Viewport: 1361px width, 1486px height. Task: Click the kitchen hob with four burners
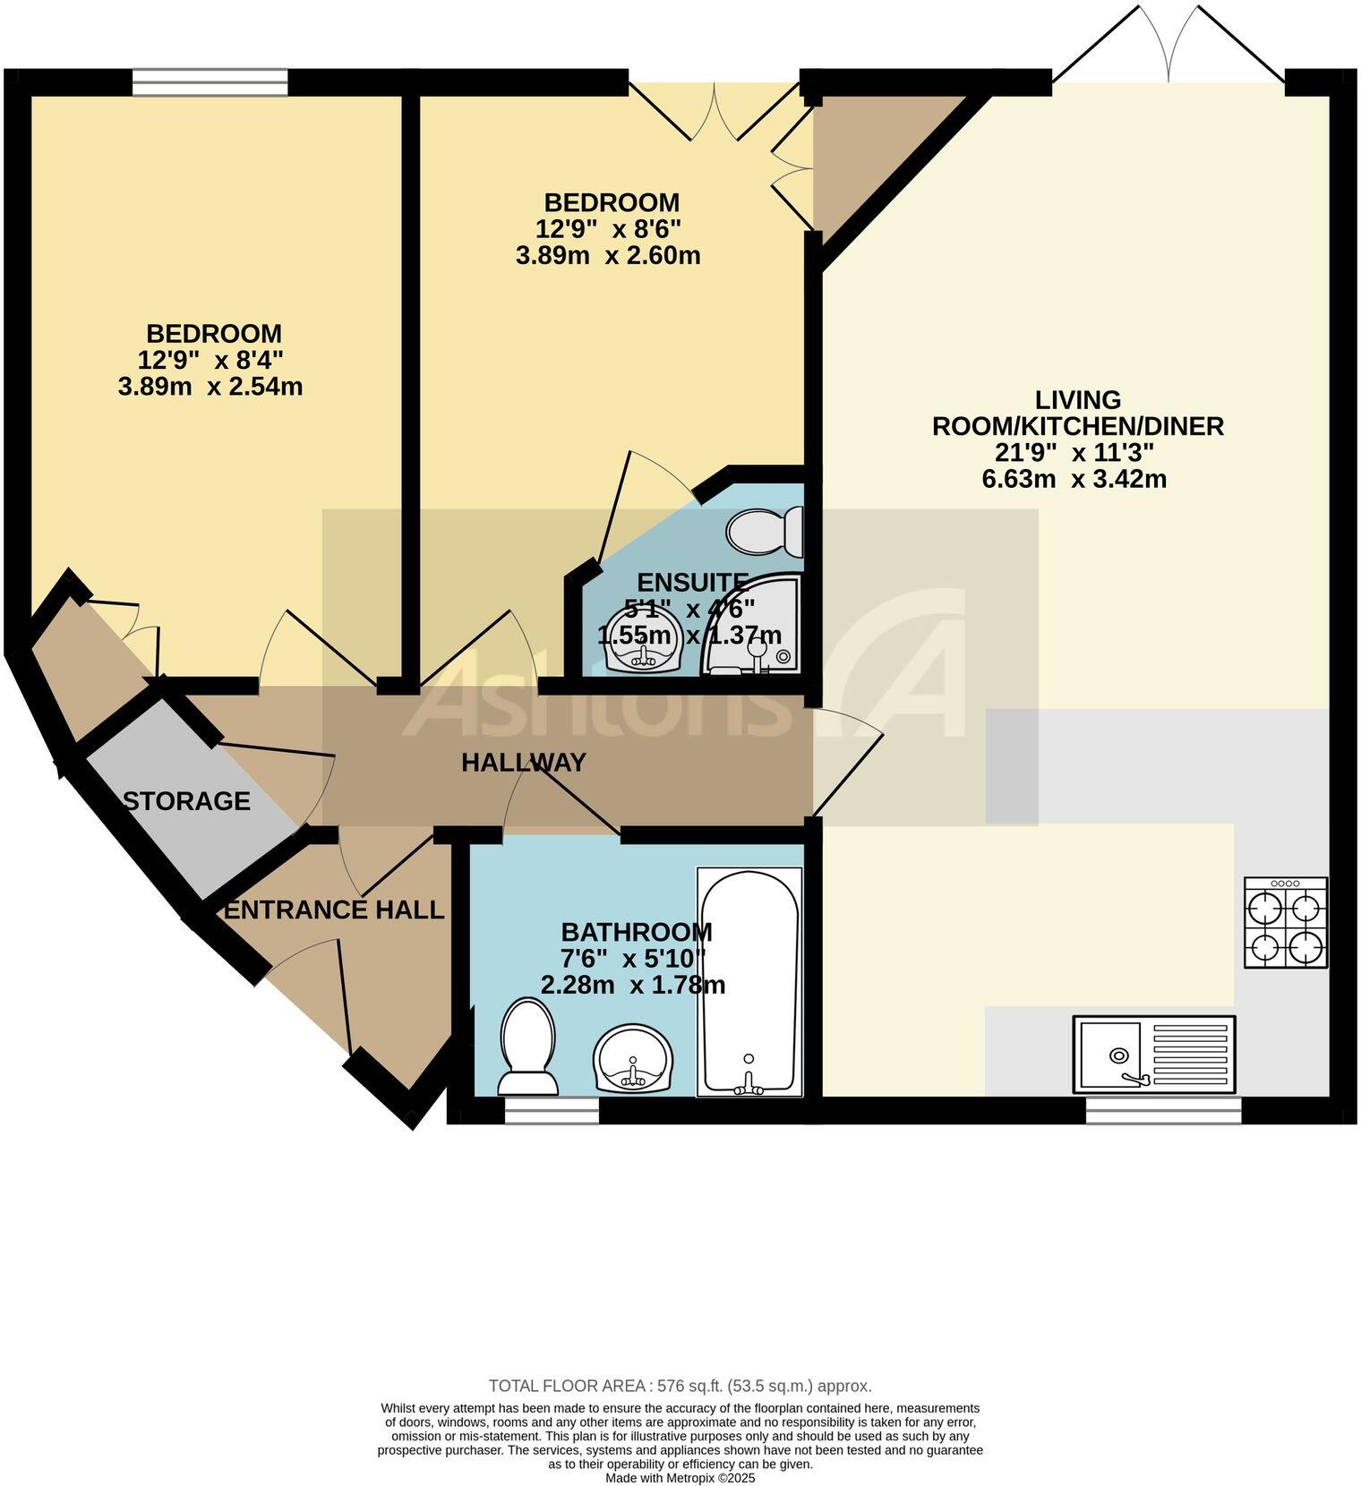click(1286, 922)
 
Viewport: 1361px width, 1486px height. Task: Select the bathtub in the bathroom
click(749, 982)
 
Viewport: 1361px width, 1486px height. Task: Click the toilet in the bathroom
click(527, 1047)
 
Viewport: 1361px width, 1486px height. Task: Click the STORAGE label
click(186, 801)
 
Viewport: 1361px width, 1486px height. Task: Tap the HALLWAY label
click(524, 763)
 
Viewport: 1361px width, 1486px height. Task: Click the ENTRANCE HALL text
click(334, 910)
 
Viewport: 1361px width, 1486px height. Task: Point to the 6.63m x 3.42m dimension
click(1074, 479)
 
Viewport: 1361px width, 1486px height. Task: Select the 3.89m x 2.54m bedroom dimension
click(210, 387)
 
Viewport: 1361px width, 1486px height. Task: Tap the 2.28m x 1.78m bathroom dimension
click(633, 986)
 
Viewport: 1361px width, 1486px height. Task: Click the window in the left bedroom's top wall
click(210, 82)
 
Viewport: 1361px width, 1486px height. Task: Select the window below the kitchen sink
click(1163, 1110)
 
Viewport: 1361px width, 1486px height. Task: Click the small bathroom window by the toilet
click(552, 1110)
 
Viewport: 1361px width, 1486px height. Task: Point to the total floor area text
click(680, 1387)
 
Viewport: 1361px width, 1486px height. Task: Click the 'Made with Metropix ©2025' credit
click(680, 1478)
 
